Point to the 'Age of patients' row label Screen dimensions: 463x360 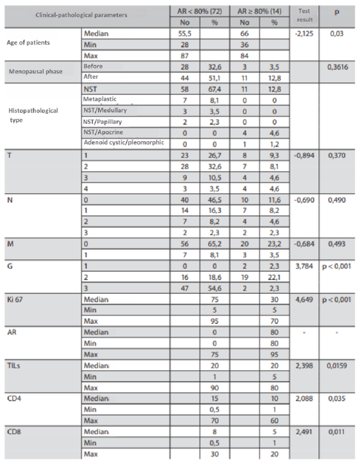(x=30, y=44)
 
